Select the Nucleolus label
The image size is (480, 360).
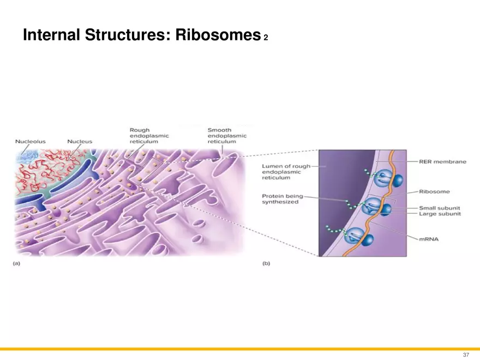[x=30, y=141]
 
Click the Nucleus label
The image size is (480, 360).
[x=80, y=141]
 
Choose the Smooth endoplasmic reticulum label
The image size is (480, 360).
[x=227, y=136]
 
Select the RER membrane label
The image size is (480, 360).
[x=442, y=162]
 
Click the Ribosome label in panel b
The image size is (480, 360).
[x=434, y=191]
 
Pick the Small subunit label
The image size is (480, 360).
[x=440, y=207]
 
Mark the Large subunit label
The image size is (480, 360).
[x=440, y=214]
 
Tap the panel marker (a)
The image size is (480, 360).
[x=17, y=263]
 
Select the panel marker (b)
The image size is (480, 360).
[x=267, y=263]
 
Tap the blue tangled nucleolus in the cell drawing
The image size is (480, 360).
[x=26, y=157]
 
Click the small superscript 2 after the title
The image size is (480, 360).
[x=266, y=38]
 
